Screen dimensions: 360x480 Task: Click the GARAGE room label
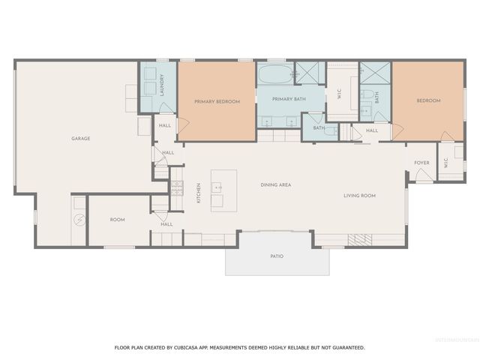coord(81,139)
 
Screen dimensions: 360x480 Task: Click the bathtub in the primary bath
coord(274,75)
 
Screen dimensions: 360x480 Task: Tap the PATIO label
coord(277,256)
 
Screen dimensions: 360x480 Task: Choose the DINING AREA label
coord(275,184)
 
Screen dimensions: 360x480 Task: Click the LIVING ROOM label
coord(359,196)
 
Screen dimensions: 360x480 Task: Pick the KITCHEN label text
coord(198,193)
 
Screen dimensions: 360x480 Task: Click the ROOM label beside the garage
coord(117,220)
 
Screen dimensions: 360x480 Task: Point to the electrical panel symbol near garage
coord(77,220)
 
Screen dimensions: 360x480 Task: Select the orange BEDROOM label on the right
coord(428,100)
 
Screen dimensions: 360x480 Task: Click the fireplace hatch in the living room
coord(359,239)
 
